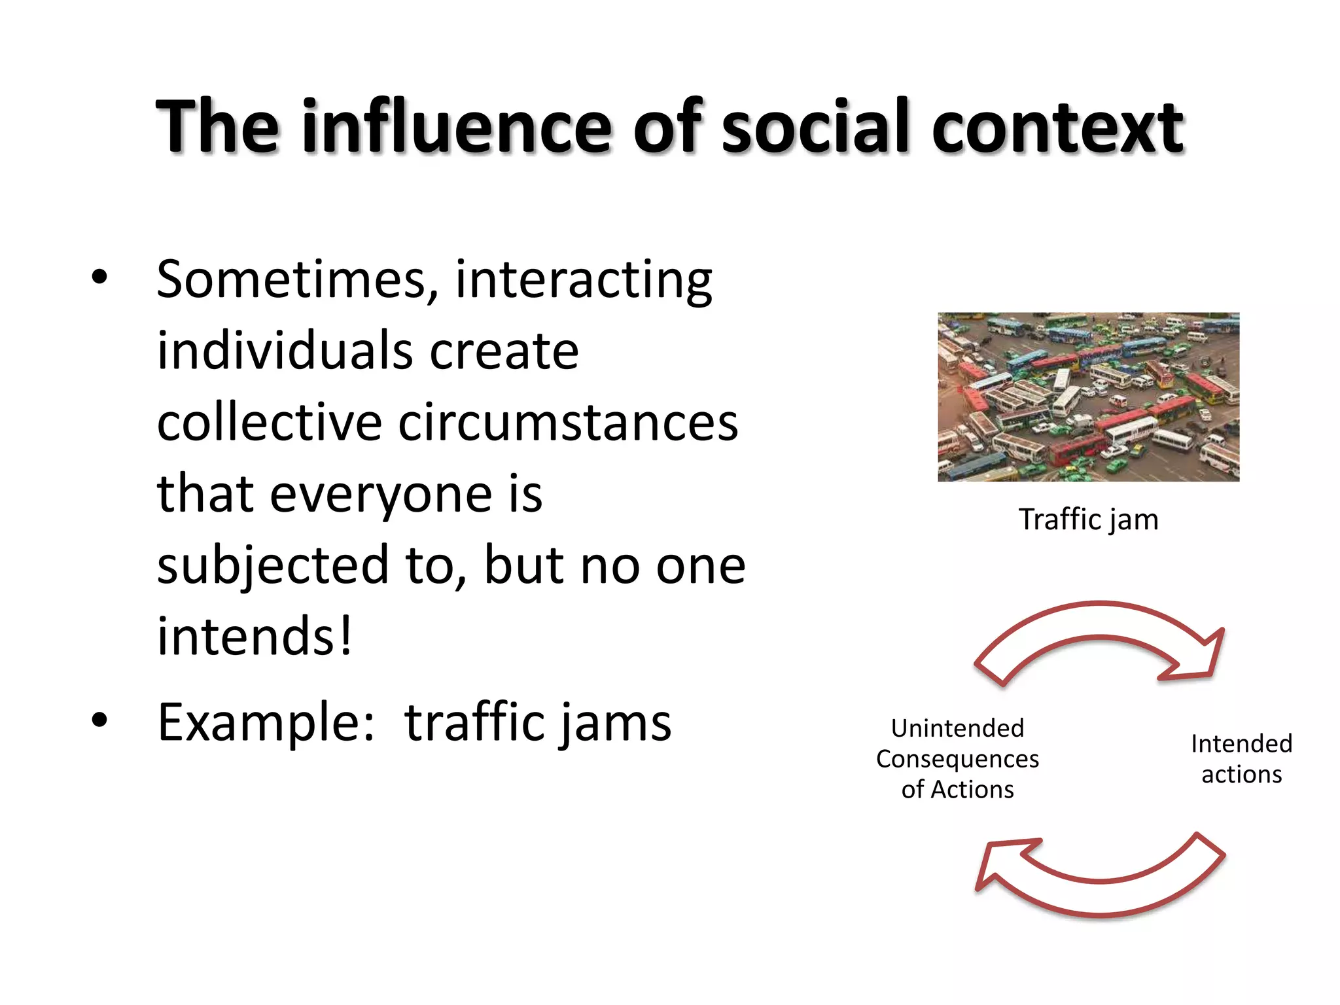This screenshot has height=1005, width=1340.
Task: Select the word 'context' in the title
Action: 1057,127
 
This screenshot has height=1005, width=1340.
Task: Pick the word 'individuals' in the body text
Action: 284,351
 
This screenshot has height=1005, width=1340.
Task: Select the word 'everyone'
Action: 381,494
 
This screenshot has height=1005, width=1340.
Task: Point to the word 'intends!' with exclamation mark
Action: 255,636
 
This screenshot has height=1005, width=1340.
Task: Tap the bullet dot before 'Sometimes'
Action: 99,277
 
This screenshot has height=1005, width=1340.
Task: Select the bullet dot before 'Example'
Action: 99,720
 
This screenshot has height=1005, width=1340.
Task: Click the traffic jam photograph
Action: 1088,397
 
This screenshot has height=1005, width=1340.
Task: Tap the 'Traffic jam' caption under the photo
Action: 1088,520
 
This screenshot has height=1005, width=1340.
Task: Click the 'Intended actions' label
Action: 1241,759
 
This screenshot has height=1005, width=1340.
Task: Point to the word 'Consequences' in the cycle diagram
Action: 957,759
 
